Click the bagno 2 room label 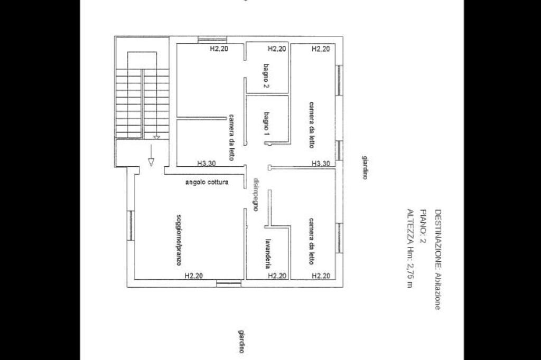pyautogui.click(x=266, y=76)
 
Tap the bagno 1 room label pyautogui.click(x=266, y=123)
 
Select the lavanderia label pyautogui.click(x=267, y=254)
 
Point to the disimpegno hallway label pyautogui.click(x=256, y=194)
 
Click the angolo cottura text pyautogui.click(x=207, y=182)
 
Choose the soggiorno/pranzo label pyautogui.click(x=179, y=240)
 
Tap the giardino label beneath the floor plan pyautogui.click(x=241, y=342)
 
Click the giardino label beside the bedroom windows pyautogui.click(x=365, y=167)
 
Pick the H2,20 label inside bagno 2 pyautogui.click(x=277, y=49)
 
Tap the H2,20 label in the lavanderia pyautogui.click(x=277, y=276)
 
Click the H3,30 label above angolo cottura pyautogui.click(x=207, y=163)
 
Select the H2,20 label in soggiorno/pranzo pyautogui.click(x=193, y=276)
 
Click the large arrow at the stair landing pyautogui.click(x=151, y=155)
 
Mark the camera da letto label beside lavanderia pyautogui.click(x=311, y=241)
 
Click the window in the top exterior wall pyautogui.click(x=212, y=40)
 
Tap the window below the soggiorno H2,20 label pyautogui.click(x=229, y=283)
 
